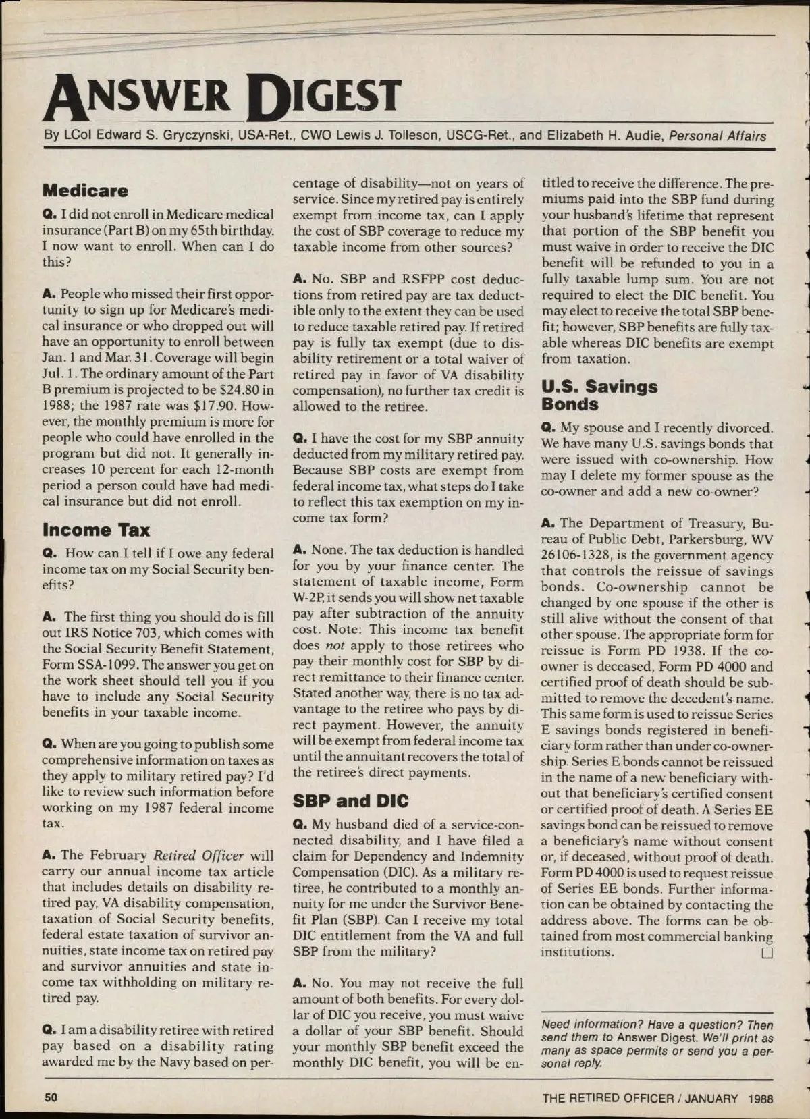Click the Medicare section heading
[x=85, y=191]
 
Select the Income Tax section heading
[x=96, y=530]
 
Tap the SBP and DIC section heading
[x=350, y=801]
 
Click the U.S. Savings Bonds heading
[x=599, y=395]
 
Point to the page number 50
[x=51, y=1097]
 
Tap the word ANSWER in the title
[x=138, y=96]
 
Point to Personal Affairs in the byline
[x=718, y=136]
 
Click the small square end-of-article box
[x=766, y=953]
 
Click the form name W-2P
[x=310, y=599]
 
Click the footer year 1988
[x=760, y=1098]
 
